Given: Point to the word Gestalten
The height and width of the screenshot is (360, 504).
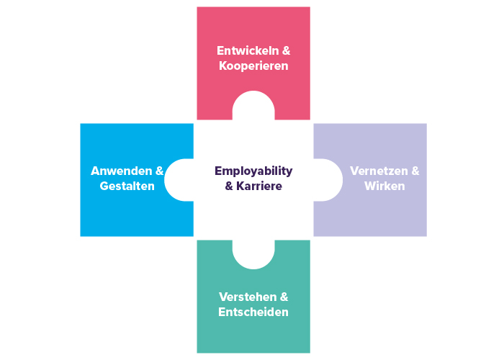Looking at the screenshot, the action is click(x=127, y=186).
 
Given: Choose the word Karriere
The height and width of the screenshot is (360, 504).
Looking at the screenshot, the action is click(x=259, y=186).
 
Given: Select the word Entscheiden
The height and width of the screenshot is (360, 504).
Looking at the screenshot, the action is click(x=253, y=312).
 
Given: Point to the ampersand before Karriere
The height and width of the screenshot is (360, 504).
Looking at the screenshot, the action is click(x=230, y=186).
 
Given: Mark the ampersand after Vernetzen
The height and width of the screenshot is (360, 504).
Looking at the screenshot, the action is click(x=415, y=171).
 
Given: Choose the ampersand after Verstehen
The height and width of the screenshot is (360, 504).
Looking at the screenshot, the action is click(x=284, y=297).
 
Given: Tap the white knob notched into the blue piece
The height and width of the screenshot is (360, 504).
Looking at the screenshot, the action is click(x=179, y=180).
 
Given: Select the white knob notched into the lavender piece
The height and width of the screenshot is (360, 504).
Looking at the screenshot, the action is click(x=328, y=180).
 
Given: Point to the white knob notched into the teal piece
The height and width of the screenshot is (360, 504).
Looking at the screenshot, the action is click(x=253, y=253).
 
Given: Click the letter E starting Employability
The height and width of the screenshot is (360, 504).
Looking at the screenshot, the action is click(x=217, y=171).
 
